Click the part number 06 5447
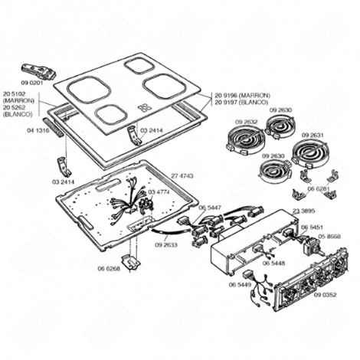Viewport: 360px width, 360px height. tap(209, 208)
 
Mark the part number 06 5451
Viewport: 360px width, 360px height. tap(311, 227)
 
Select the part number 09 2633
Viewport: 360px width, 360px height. tap(165, 245)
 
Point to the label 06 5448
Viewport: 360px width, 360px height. tap(273, 263)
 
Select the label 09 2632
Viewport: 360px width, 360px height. tap(247, 121)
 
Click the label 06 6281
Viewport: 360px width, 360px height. tap(318, 188)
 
